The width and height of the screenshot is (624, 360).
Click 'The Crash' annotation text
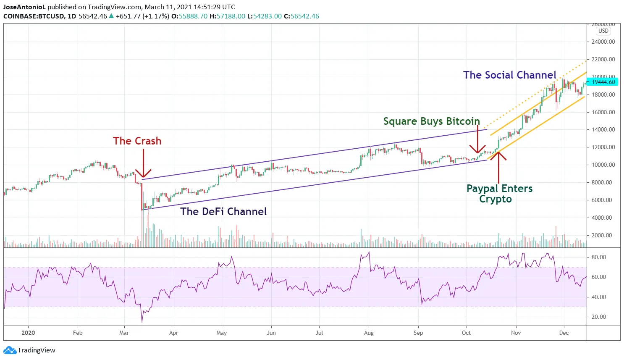click(x=137, y=141)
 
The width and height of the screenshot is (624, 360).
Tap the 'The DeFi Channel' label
click(x=223, y=211)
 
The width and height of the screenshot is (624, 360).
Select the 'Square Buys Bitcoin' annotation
click(x=431, y=121)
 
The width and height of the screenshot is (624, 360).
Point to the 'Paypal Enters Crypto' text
click(x=499, y=194)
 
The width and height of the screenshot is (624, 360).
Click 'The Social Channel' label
click(x=509, y=75)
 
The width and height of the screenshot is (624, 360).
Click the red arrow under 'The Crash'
click(x=143, y=164)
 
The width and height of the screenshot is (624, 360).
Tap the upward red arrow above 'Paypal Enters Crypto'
click(x=498, y=166)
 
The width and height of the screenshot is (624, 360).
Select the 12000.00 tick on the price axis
click(x=603, y=147)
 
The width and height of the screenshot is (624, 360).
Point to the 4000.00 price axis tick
click(x=603, y=218)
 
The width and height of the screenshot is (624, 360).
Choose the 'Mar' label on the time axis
click(x=124, y=333)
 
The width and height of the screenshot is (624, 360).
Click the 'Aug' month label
click(x=369, y=333)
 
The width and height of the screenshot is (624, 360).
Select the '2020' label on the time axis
click(x=28, y=333)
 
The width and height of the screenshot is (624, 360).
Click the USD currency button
click(x=603, y=31)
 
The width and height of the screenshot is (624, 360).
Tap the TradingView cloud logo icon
click(x=10, y=350)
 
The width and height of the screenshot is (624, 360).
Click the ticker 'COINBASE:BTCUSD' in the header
click(x=34, y=16)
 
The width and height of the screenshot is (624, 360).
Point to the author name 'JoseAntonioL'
click(x=24, y=7)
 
